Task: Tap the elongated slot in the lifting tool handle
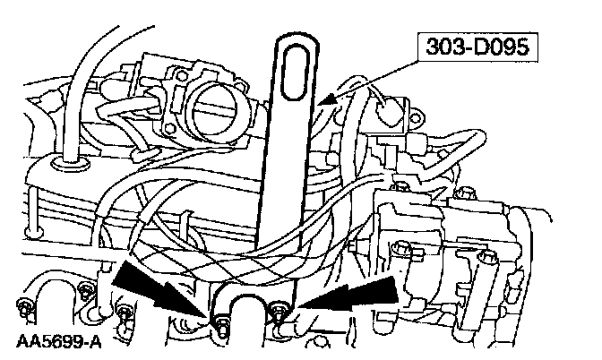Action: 294,73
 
